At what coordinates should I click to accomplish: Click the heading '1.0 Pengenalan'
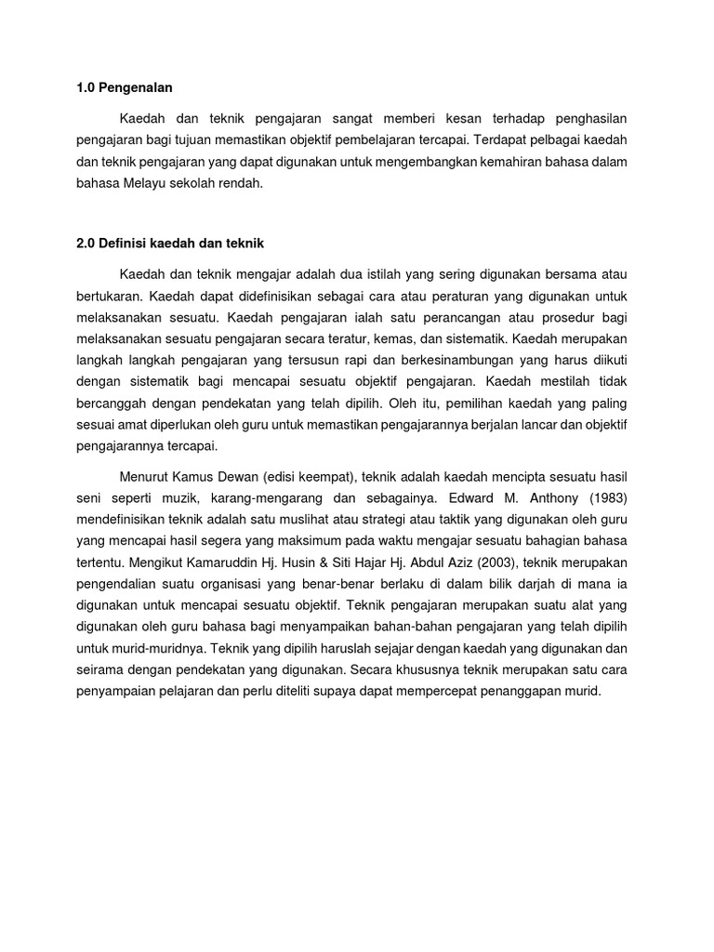[125, 88]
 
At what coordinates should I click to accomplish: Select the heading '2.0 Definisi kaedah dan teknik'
[171, 244]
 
